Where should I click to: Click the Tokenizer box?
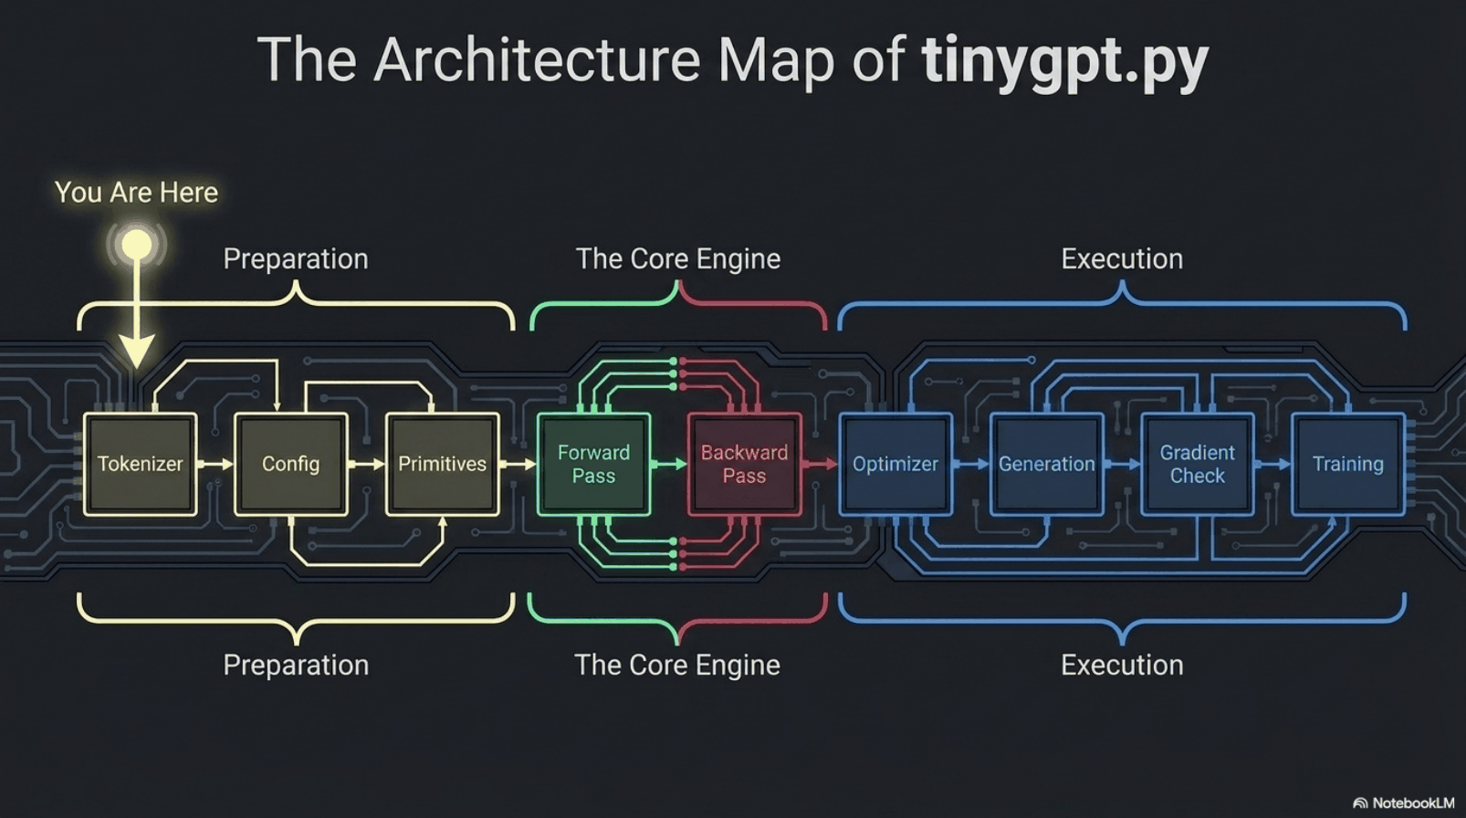click(140, 464)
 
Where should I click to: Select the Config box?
click(291, 464)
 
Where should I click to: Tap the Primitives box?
click(443, 464)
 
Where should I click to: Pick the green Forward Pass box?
click(593, 464)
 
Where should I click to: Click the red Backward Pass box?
click(745, 464)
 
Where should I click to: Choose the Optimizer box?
click(895, 464)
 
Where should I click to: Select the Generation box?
click(1046, 464)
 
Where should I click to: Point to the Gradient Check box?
click(1198, 464)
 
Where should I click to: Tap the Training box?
click(1348, 464)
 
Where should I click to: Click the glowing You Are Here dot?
click(137, 245)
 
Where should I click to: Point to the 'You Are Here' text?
click(136, 193)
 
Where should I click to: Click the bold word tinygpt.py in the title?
click(1065, 60)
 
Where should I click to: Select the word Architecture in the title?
click(537, 59)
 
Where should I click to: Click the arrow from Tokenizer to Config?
click(215, 464)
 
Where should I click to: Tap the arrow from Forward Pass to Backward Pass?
click(669, 464)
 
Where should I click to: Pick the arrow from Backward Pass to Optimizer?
click(820, 464)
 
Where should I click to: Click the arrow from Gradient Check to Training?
click(1272, 464)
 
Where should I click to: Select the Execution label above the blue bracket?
click(1122, 259)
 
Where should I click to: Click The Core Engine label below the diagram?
click(677, 665)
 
